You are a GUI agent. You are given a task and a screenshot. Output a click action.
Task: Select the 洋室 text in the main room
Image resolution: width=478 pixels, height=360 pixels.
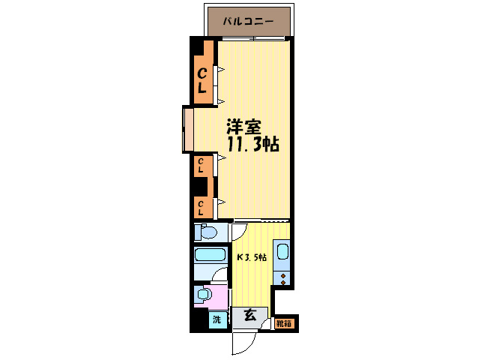tap(244, 127)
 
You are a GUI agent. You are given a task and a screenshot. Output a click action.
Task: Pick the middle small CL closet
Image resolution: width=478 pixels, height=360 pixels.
tap(202, 165)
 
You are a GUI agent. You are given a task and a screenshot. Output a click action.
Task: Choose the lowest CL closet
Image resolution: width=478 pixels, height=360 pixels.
tap(202, 205)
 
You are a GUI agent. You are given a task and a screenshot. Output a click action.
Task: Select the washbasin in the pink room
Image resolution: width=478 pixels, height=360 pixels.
tap(202, 295)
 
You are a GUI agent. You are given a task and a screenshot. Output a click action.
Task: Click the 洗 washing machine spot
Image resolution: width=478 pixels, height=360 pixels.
tap(217, 319)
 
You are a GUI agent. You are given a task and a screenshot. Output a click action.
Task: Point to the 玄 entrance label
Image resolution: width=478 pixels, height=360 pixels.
tap(249, 315)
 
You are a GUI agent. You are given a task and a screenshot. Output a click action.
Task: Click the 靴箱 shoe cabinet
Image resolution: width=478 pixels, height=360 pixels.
tap(284, 323)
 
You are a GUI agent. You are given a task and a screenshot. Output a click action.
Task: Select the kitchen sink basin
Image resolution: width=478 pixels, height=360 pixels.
tap(282, 252)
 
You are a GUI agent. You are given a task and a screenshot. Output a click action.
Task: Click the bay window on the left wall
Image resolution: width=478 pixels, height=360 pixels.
tap(187, 129)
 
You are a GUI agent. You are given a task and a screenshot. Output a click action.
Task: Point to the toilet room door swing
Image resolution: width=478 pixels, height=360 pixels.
tap(238, 232)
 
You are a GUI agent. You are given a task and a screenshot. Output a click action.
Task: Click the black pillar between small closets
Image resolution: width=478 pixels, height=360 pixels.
tap(200, 185)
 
